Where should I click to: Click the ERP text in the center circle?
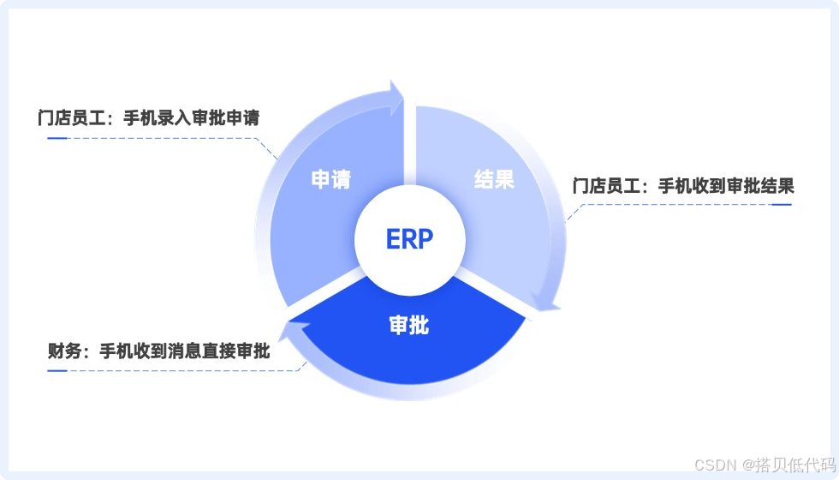(x=410, y=238)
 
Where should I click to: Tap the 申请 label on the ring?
(x=330, y=180)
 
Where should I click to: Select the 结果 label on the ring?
(x=494, y=180)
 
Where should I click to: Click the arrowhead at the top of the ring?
(x=396, y=97)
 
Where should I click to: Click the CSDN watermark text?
(x=711, y=465)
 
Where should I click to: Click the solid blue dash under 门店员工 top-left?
(x=57, y=137)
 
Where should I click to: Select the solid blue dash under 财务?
(x=57, y=370)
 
